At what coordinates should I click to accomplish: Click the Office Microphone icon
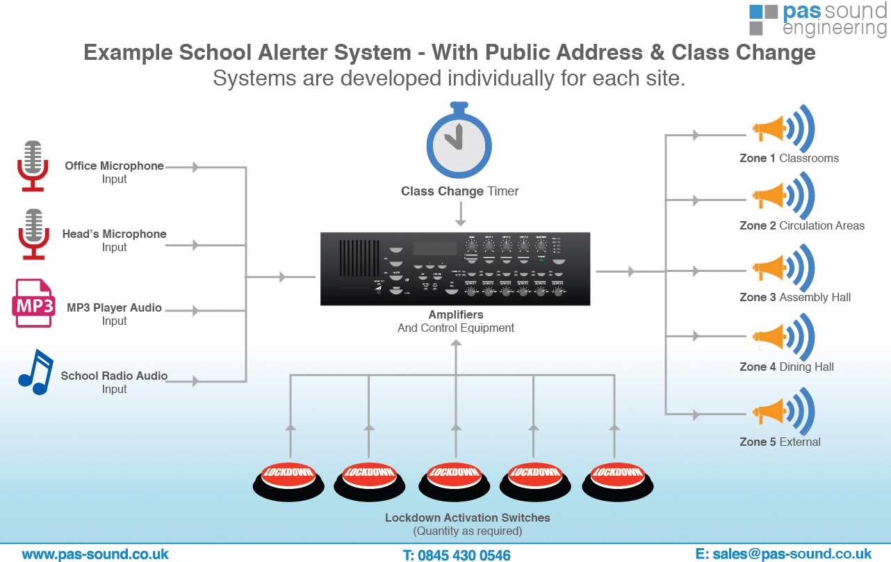(x=32, y=166)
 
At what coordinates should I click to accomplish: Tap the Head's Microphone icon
(x=32, y=234)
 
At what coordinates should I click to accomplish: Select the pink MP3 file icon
(x=33, y=303)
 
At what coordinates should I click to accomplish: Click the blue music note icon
(x=35, y=372)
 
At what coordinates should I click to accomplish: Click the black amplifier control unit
(x=455, y=268)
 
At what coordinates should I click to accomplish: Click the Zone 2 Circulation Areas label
(x=801, y=225)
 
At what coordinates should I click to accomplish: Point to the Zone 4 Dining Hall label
(x=786, y=367)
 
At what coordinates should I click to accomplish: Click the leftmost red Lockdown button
(x=288, y=478)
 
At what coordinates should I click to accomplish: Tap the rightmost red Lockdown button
(x=617, y=478)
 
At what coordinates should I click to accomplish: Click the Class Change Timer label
(x=459, y=191)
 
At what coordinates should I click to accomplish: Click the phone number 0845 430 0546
(x=457, y=555)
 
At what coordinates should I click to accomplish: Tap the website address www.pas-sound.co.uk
(x=95, y=554)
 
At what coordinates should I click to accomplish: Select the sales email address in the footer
(x=783, y=554)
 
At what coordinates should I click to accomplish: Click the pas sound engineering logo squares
(x=763, y=19)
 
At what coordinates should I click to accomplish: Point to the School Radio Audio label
(x=114, y=376)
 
